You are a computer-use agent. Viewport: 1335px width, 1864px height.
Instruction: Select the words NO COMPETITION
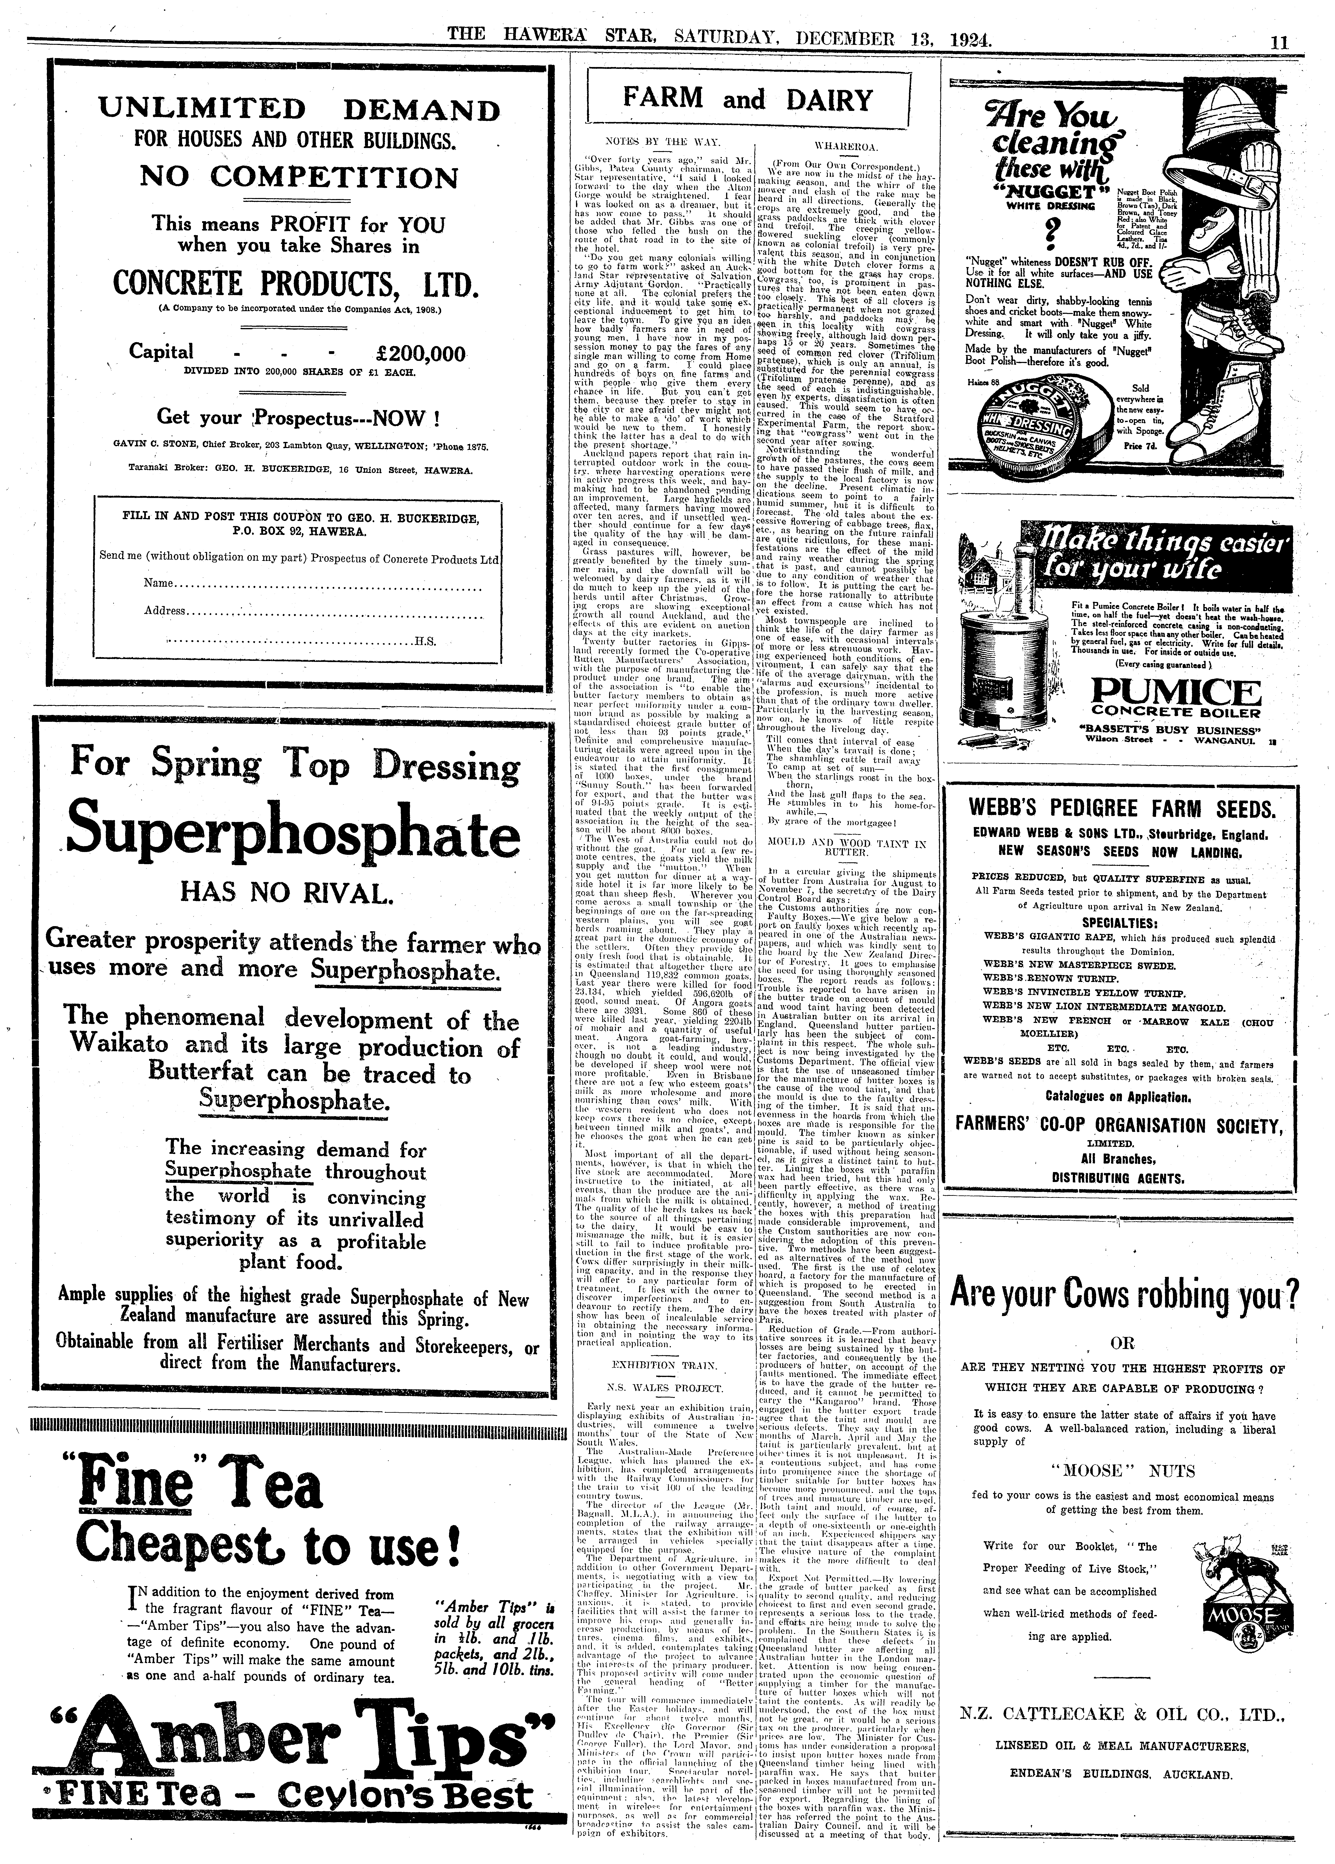299,178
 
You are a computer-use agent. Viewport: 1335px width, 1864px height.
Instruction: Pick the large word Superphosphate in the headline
293,834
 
